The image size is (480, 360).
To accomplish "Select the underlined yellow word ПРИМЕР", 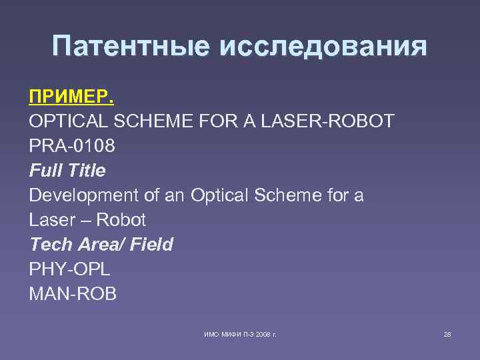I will tap(71, 97).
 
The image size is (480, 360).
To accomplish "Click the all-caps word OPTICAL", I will tap(70, 122).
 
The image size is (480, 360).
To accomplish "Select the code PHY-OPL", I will tap(69, 269).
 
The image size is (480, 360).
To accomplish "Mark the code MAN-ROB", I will tap(73, 294).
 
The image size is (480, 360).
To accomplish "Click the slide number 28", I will tap(447, 333).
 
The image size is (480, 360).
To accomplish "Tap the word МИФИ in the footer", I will tap(225, 333).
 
